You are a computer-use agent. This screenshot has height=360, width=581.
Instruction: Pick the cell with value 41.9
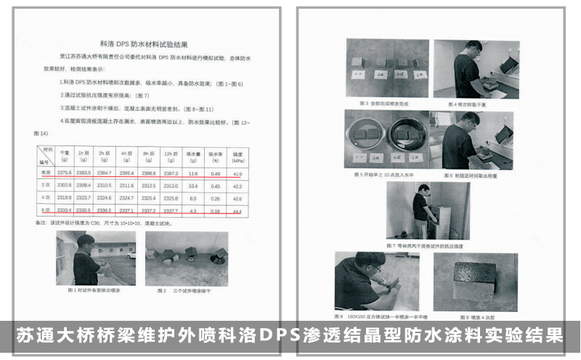pyautogui.click(x=236, y=173)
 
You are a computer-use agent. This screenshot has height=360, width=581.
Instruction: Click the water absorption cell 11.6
pyautogui.click(x=192, y=173)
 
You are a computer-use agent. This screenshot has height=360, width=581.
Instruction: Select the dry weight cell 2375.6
pyautogui.click(x=65, y=173)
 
